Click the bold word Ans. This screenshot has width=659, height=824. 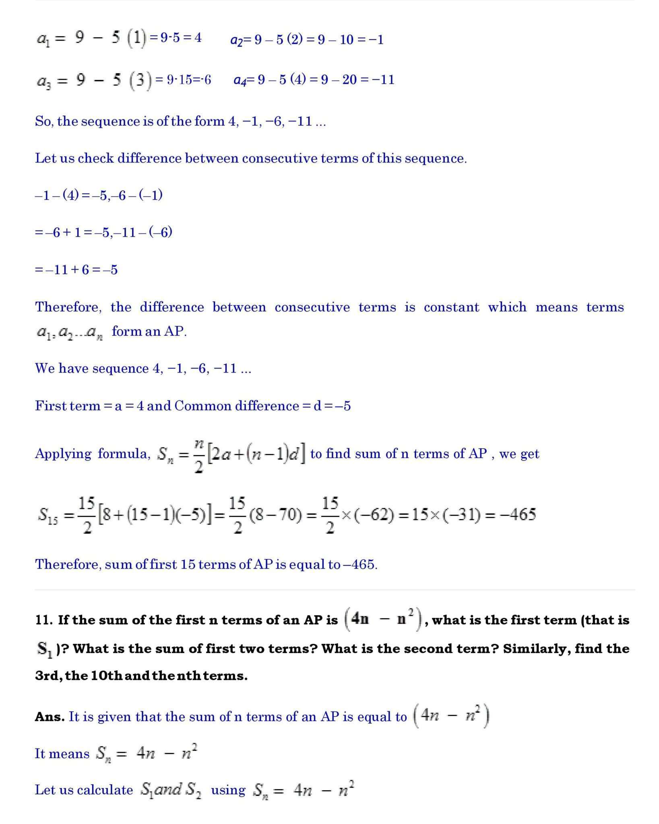[x=50, y=717]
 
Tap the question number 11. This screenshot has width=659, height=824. [x=43, y=620]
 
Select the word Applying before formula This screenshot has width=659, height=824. [x=63, y=453]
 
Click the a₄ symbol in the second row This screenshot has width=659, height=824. [x=240, y=80]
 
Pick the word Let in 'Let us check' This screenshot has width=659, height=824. [x=43, y=158]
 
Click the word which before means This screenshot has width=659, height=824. [x=507, y=307]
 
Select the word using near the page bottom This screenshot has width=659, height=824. [x=228, y=790]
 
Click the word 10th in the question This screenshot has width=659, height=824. [x=107, y=676]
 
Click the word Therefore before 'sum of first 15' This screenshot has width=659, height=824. [x=68, y=564]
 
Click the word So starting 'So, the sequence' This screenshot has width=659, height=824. [x=43, y=121]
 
